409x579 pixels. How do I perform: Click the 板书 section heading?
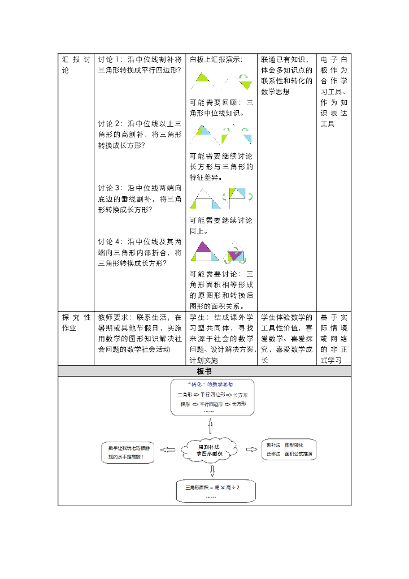click(204, 371)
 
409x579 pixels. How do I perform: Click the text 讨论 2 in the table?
click(110, 124)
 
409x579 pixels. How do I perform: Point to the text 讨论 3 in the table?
click(110, 188)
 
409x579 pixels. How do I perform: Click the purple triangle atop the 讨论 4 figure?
click(202, 247)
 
